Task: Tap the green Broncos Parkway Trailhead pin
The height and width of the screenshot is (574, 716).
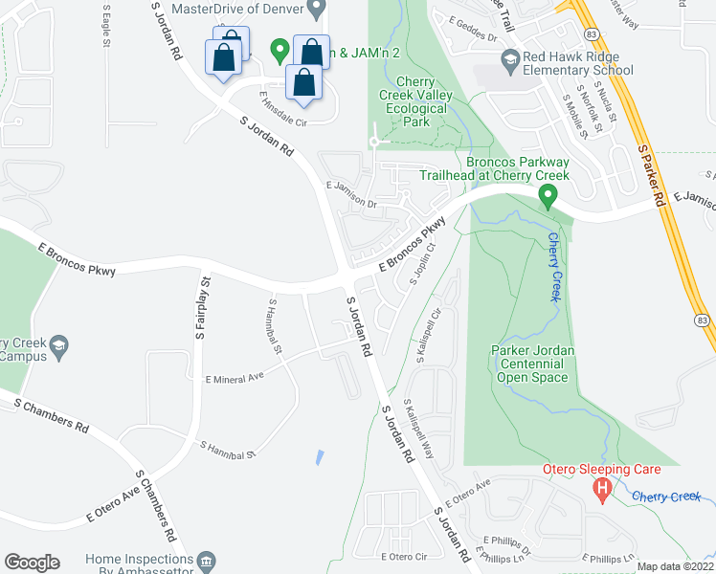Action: tap(548, 198)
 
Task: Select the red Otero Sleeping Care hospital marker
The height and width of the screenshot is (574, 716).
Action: tap(602, 491)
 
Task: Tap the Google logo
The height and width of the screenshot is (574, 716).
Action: tap(32, 563)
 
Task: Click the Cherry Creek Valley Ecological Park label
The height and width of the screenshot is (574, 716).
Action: tap(416, 109)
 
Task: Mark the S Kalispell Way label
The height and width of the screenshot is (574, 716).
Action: tap(418, 429)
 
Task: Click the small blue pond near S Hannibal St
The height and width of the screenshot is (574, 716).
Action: tap(318, 457)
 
